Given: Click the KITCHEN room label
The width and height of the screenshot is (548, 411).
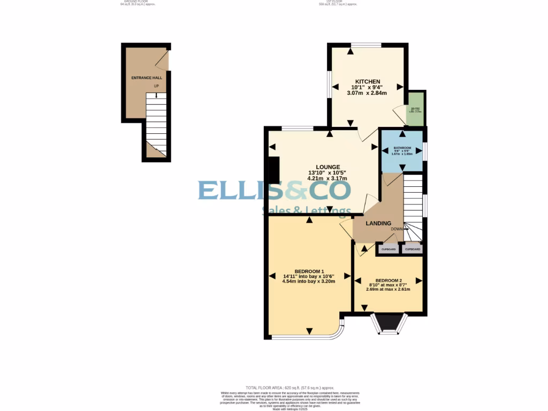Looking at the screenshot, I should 368,81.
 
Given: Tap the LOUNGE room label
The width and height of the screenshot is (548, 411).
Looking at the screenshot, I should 328,167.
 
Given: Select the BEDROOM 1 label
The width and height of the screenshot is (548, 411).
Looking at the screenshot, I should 309,271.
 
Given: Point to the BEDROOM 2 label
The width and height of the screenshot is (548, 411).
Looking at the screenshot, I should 388,281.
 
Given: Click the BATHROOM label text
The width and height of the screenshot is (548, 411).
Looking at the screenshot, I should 402,148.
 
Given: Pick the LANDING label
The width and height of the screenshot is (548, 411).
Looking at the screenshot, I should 378,223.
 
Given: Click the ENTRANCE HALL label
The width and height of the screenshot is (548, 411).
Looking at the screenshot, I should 147,78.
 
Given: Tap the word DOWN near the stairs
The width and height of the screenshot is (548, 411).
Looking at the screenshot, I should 397,229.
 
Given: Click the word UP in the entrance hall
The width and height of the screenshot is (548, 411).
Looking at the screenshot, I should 156,86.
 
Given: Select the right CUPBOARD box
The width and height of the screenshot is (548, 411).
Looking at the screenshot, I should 413,249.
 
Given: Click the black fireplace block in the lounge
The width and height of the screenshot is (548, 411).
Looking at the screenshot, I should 273,170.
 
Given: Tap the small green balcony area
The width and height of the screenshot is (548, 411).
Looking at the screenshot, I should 416,109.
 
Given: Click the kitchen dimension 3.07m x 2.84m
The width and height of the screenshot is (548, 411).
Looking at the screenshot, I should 367,93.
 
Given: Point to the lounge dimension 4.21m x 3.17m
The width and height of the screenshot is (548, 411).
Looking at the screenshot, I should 328,179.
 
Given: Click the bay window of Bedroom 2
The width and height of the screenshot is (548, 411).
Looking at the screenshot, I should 389,323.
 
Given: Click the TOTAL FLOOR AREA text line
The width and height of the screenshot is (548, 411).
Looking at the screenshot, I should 290,387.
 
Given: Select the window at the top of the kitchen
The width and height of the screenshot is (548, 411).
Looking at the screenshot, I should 366,45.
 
